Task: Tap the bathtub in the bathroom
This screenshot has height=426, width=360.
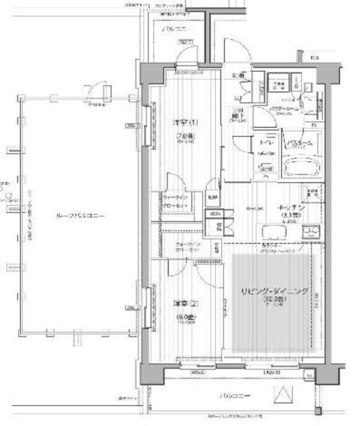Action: click(x=299, y=166)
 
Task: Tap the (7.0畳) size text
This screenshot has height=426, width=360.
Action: click(x=184, y=138)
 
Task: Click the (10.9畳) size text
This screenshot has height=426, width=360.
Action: click(x=273, y=301)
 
